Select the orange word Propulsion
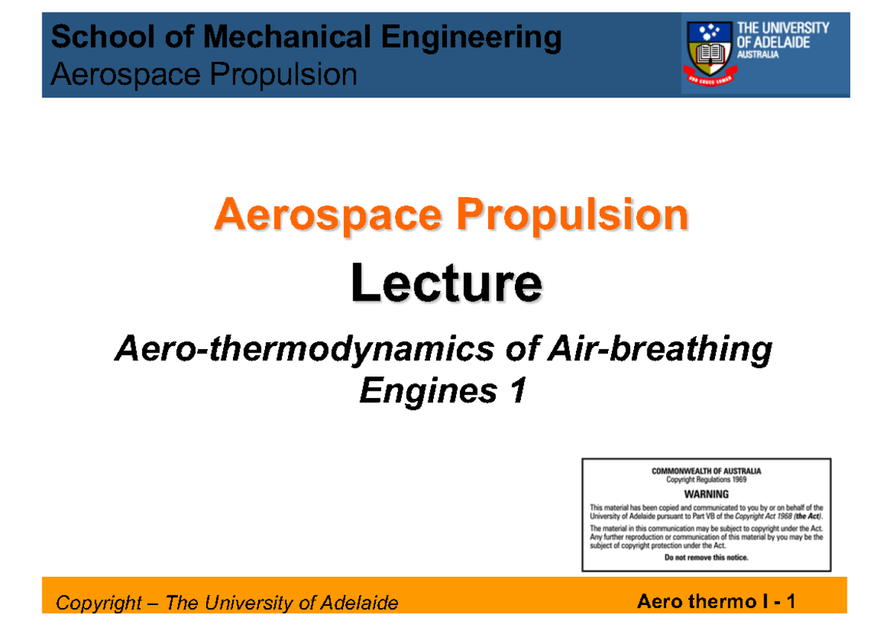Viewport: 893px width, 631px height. [x=572, y=216]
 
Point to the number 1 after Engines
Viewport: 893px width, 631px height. [x=517, y=391]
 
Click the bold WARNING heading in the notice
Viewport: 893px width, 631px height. [x=706, y=493]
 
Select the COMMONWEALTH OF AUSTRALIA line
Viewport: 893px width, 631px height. [x=706, y=471]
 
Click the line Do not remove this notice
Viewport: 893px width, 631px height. [x=706, y=557]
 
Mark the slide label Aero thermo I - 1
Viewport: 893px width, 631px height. [x=716, y=601]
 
